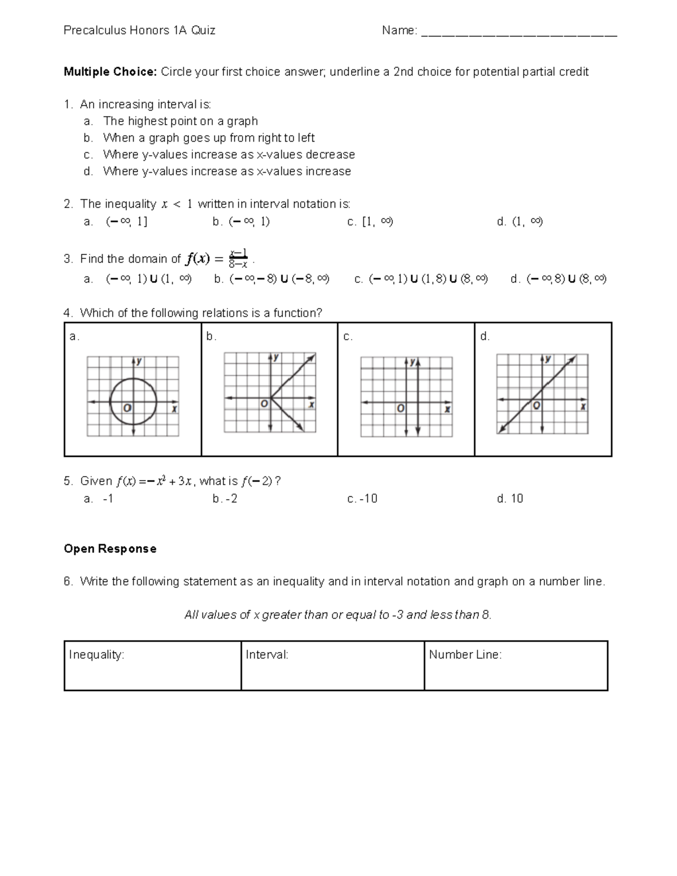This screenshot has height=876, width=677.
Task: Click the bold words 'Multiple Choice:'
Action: click(110, 72)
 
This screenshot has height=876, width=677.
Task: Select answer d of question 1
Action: click(227, 171)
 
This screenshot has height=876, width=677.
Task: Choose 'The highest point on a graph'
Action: click(180, 121)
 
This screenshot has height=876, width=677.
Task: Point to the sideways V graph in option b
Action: click(270, 393)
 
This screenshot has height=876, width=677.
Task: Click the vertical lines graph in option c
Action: click(406, 396)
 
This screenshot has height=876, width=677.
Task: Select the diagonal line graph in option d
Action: click(542, 393)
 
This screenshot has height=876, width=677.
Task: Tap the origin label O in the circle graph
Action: click(128, 407)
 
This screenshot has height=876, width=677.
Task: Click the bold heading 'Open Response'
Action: click(110, 549)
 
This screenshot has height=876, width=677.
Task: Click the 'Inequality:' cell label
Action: click(96, 654)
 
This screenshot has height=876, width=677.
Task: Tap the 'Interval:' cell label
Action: click(267, 654)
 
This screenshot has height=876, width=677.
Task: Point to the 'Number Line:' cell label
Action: click(465, 654)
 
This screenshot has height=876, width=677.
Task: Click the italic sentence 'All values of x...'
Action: click(338, 615)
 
